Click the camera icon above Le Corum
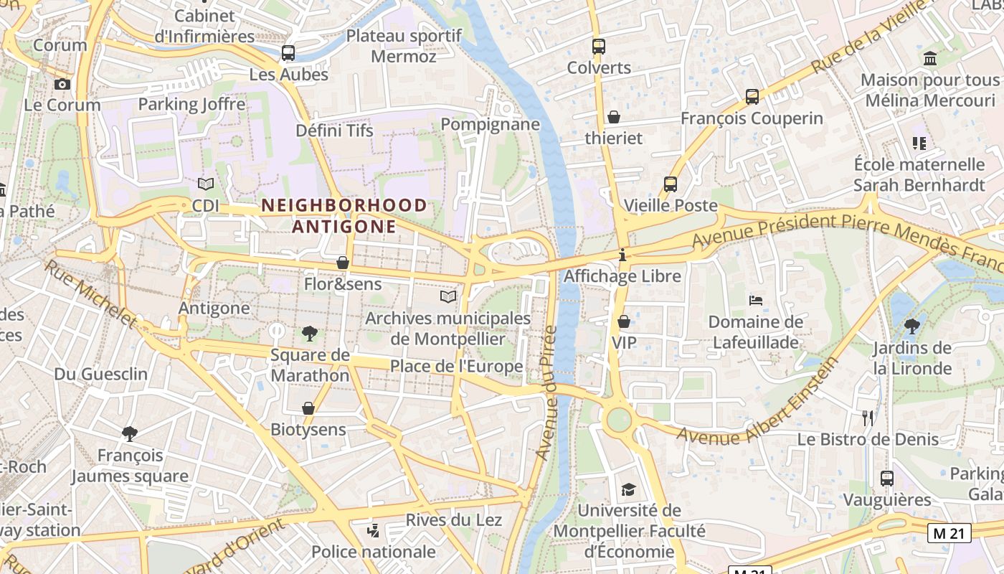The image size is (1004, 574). coord(62,85)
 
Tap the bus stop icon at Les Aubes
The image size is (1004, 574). coord(288,53)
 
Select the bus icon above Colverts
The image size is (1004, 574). coord(599,47)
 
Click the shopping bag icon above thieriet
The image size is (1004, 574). coord(614,117)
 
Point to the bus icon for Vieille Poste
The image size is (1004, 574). coord(671,184)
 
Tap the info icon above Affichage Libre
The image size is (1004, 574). coord(622,255)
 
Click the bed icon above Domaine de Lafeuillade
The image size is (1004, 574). coord(755,301)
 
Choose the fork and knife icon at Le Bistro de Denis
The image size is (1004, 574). coord(868,418)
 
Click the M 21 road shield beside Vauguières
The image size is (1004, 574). coord(949,533)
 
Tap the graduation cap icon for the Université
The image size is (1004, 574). coord(628,489)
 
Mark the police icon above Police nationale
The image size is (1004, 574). coord(373,531)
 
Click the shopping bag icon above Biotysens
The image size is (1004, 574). coord(308,408)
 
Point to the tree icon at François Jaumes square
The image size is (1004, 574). coord(130,433)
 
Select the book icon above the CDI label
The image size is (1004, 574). coord(206,184)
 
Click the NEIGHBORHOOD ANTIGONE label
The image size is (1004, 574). coord(344,216)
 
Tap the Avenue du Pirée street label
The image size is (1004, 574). coord(546,392)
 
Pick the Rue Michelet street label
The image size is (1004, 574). coord(90,293)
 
